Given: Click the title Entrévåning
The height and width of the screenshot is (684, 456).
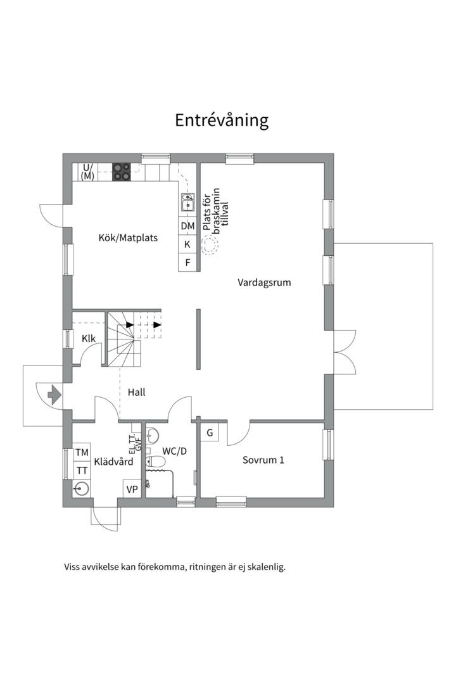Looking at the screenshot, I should [222, 120].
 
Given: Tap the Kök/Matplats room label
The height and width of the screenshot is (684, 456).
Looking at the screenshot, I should [128, 239].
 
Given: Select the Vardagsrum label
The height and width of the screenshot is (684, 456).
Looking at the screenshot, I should [264, 282].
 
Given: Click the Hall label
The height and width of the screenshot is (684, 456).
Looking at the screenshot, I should [136, 393].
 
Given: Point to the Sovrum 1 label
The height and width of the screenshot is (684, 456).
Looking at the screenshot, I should [263, 460].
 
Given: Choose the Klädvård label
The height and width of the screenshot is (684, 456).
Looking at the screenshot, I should [113, 462].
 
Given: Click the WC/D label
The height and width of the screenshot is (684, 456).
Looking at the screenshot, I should [175, 452].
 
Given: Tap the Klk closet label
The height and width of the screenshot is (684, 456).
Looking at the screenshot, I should [89, 339].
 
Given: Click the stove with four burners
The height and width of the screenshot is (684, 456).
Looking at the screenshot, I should [122, 172].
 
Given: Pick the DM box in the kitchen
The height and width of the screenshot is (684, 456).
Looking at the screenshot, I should [187, 226].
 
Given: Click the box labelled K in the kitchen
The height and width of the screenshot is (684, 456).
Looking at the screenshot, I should [187, 244].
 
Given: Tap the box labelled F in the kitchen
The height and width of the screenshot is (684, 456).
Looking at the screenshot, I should [187, 262].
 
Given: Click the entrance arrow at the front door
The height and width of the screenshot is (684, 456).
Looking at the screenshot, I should [54, 396].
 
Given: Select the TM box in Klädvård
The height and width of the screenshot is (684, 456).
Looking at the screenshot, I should [82, 453].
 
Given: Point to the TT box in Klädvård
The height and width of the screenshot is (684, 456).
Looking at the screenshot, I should [82, 471].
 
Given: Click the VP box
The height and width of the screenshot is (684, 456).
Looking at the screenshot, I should [132, 489].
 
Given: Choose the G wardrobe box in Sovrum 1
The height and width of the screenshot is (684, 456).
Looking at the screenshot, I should [209, 434].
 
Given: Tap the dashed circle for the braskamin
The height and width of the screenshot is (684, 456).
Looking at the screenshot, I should [209, 245].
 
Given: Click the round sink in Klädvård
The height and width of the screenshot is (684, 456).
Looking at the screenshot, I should [80, 488].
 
